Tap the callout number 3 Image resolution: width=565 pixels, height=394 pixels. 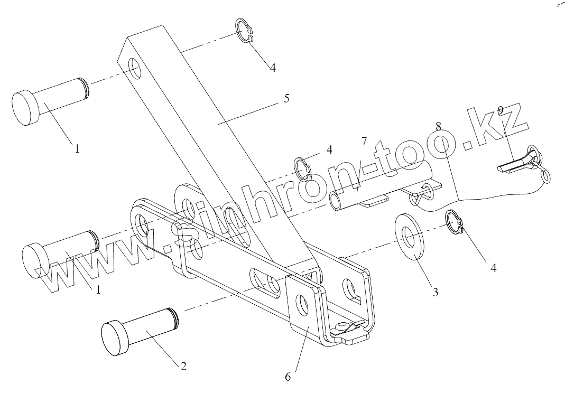(x=435, y=291)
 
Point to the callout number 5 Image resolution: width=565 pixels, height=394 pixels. (x=286, y=98)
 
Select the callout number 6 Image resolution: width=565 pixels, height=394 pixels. (x=288, y=377)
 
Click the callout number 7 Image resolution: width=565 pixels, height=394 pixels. (x=364, y=141)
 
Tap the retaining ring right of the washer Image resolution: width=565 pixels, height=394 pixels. (x=456, y=221)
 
